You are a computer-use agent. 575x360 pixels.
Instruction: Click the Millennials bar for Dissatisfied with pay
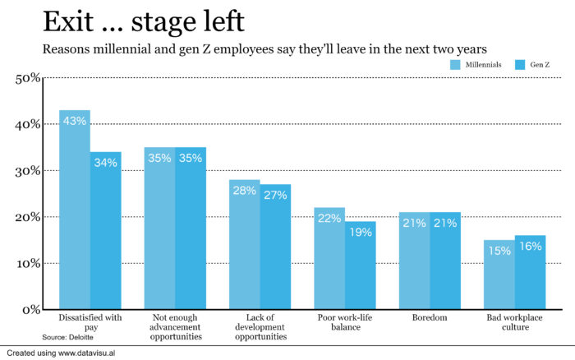point(75,210)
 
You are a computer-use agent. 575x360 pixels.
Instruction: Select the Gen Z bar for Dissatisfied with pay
point(106,230)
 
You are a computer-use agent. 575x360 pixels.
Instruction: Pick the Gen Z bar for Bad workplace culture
point(531,272)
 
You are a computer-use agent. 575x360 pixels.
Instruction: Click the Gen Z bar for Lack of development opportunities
point(276,247)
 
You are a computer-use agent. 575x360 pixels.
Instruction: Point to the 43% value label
point(75,122)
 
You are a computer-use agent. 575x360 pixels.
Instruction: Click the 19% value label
point(361,233)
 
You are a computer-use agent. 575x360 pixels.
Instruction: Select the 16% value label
point(531,247)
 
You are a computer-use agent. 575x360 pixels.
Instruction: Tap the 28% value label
point(245,191)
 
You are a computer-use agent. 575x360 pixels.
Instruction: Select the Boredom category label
point(430,316)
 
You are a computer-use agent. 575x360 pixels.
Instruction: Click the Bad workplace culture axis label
point(516,321)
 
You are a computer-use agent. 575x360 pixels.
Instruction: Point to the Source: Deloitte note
point(67,337)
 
